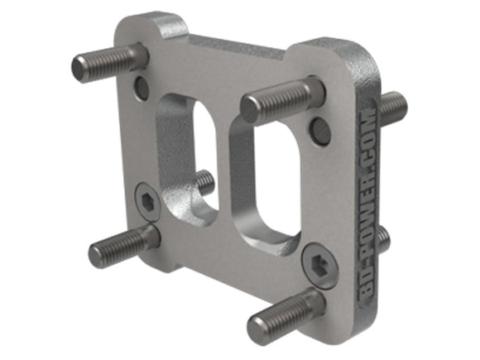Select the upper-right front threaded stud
coord(281,100)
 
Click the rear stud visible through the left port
coord(204,183)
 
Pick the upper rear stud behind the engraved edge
coord(393,107)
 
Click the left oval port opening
coord(204,159)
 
